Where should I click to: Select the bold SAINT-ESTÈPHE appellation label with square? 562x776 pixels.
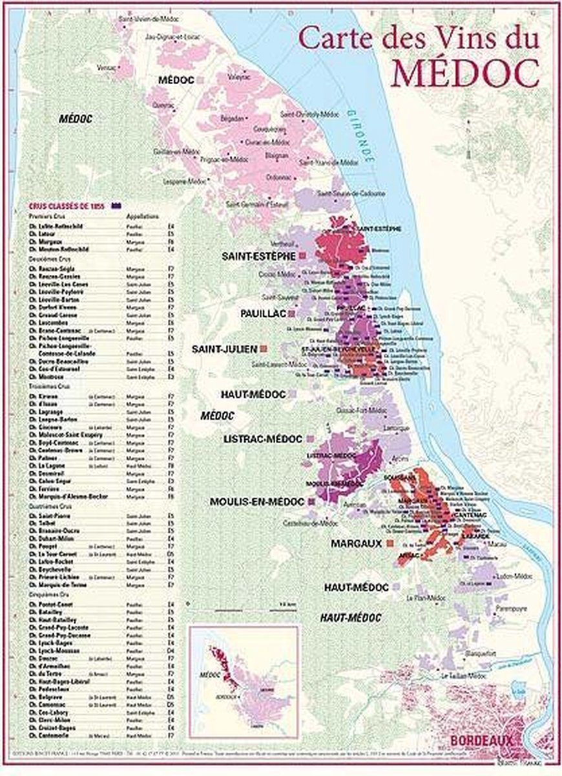tap(258, 256)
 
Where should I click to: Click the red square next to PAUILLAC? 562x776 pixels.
tap(291, 313)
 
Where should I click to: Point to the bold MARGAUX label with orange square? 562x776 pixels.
tap(357, 544)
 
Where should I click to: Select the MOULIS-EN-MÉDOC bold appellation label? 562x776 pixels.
tap(256, 501)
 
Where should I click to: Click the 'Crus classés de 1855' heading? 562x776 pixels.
tap(67, 206)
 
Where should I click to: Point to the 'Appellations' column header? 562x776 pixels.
tap(143, 216)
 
